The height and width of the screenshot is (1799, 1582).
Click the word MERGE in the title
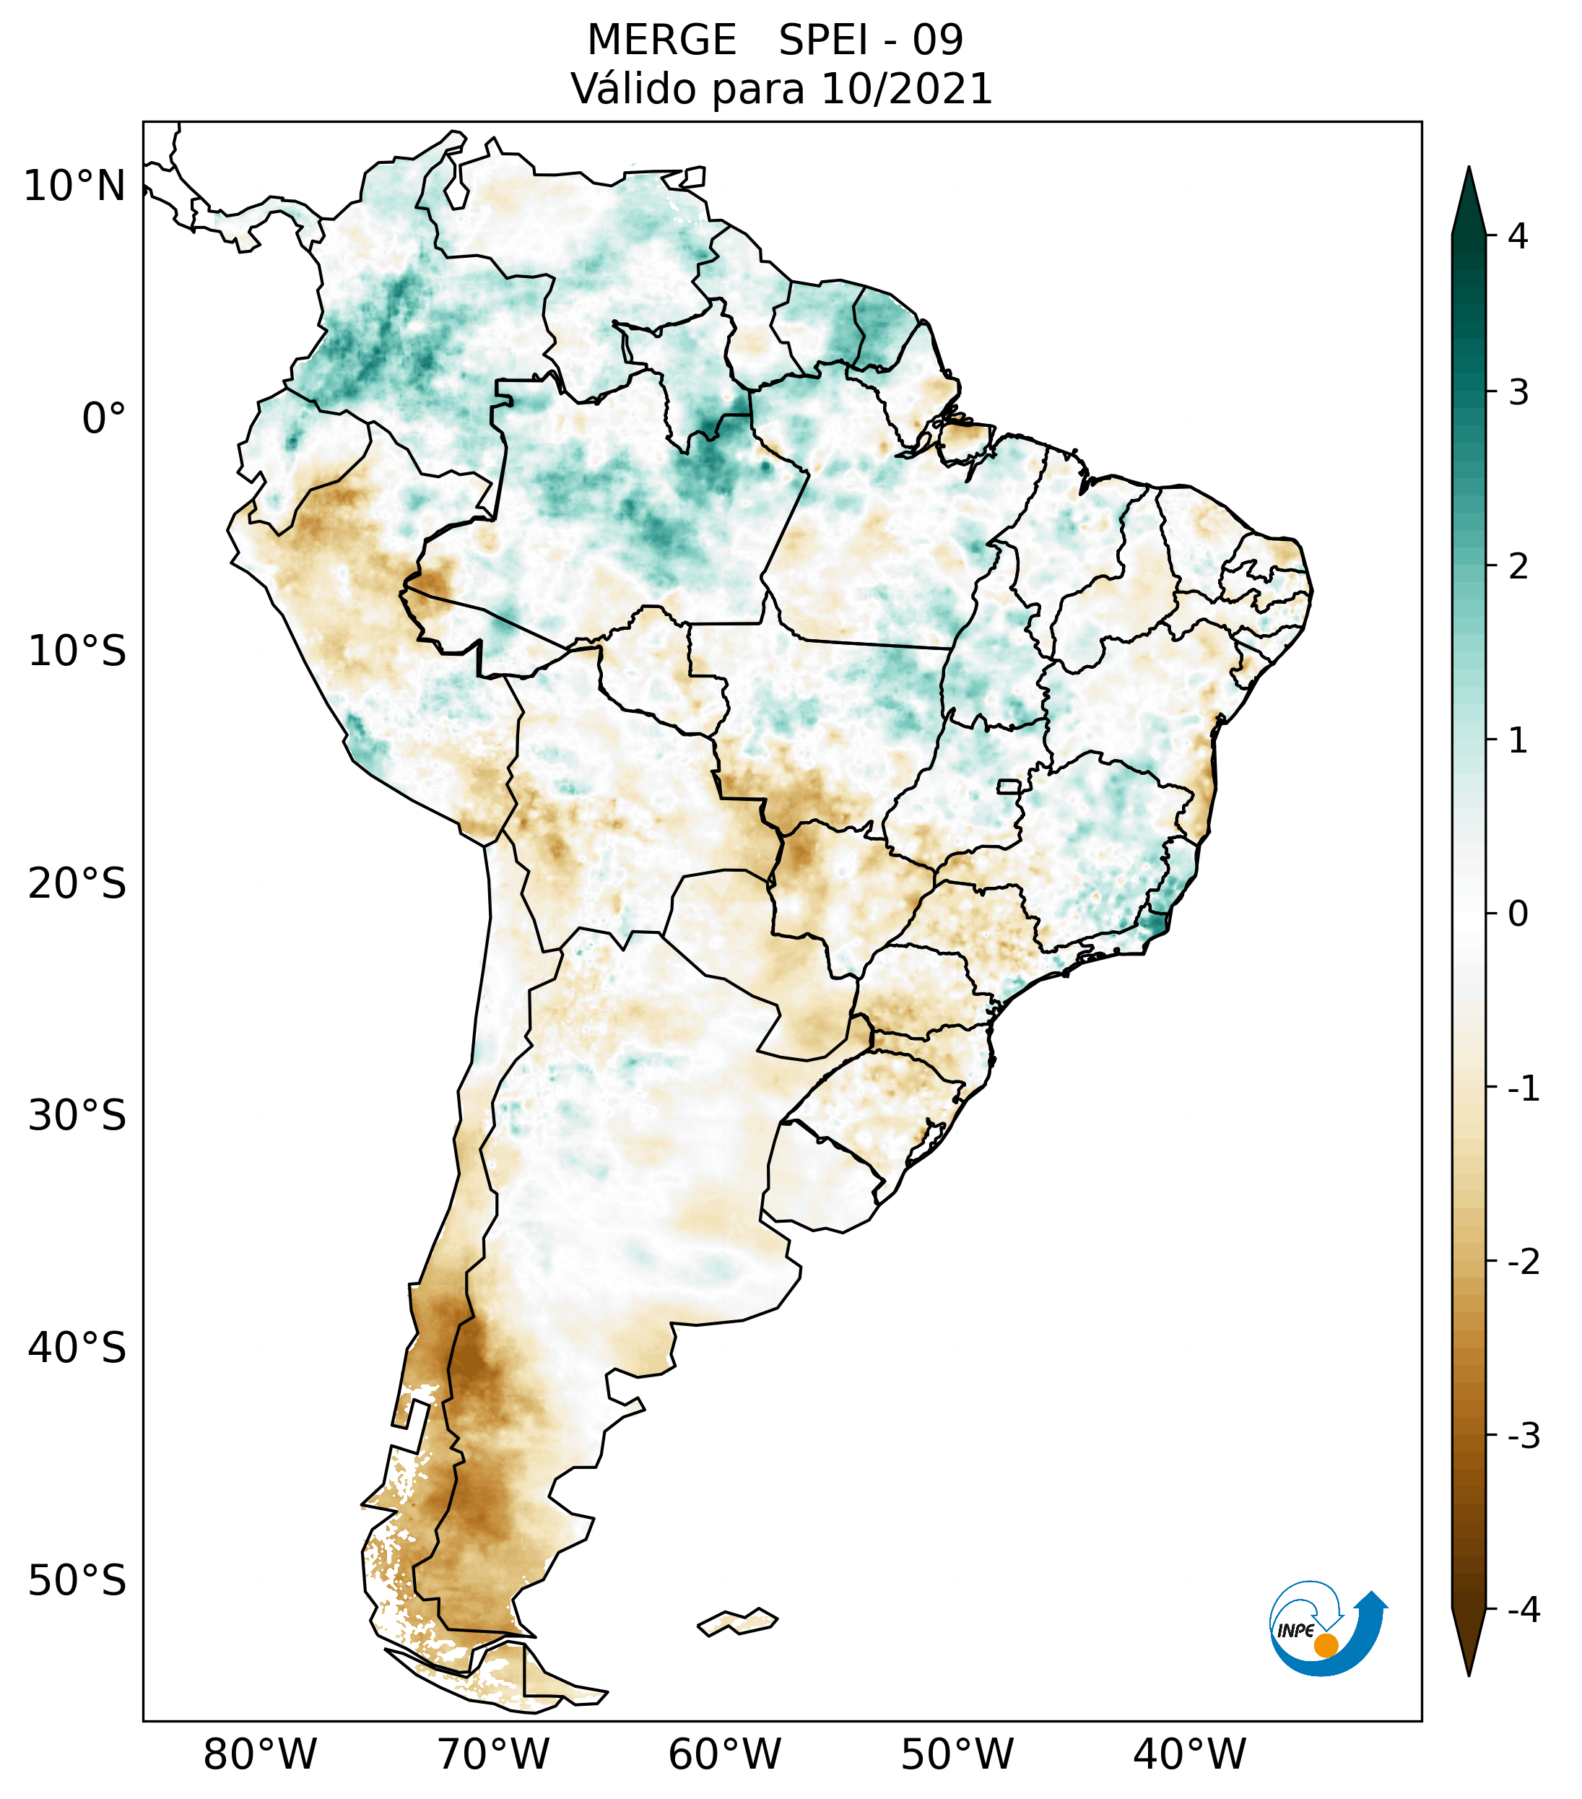tap(661, 40)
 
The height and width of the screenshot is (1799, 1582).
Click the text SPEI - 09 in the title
tap(871, 40)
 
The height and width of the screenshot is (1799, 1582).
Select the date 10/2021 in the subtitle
tap(906, 89)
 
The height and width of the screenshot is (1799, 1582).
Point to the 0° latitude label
tap(104, 419)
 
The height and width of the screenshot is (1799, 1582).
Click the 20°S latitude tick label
tap(77, 884)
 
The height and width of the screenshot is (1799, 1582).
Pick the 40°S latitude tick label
tap(77, 1348)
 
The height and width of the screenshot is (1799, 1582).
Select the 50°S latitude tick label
tap(77, 1581)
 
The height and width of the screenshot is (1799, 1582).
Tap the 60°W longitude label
tap(724, 1754)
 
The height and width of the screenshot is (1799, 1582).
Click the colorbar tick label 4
tap(1518, 236)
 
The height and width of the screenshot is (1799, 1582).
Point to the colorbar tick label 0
tap(1518, 914)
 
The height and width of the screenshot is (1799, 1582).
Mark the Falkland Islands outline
tap(737, 1621)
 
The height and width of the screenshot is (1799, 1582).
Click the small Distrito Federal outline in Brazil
tap(1009, 785)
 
